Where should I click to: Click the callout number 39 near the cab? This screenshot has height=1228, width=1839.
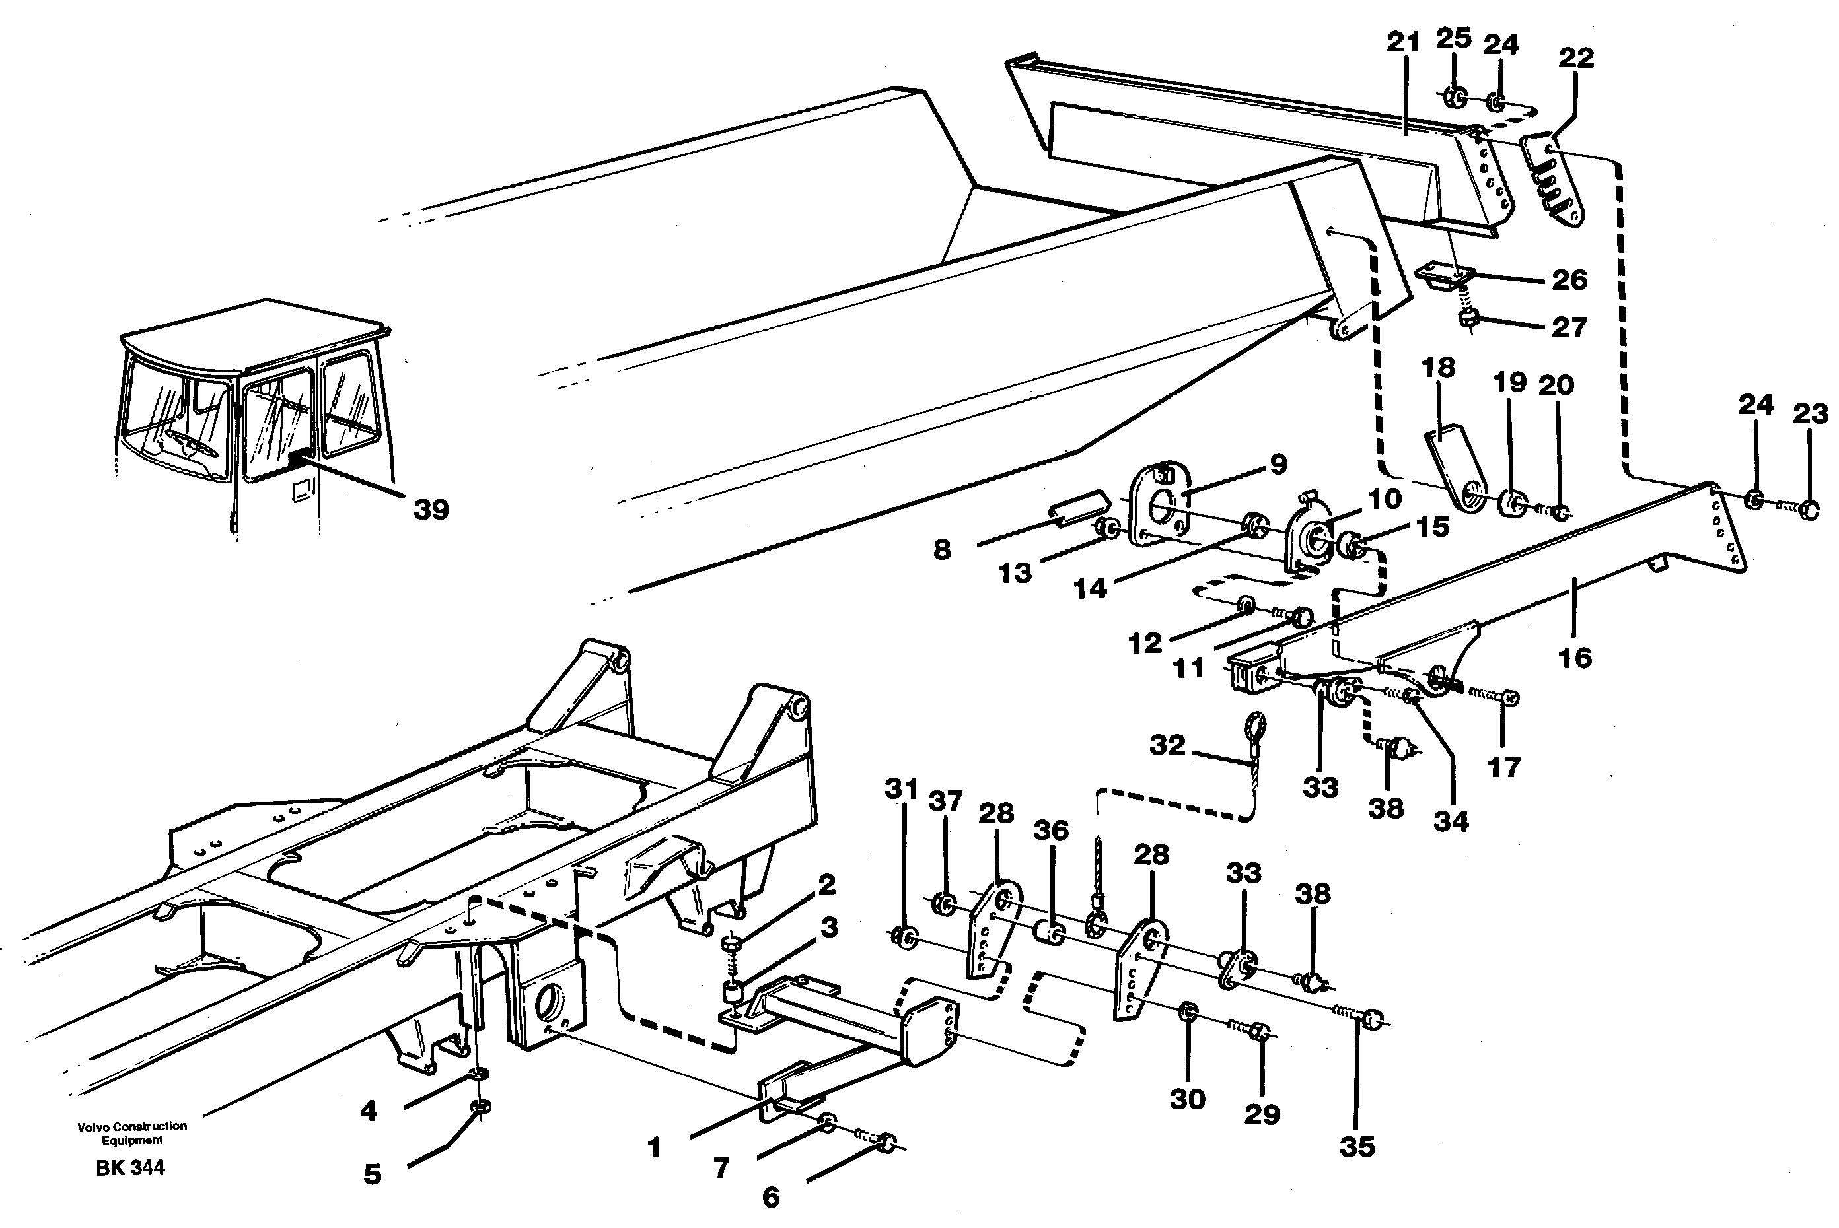(431, 510)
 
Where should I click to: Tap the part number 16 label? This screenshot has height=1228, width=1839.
(1575, 658)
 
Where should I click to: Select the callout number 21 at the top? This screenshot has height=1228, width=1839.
(1402, 42)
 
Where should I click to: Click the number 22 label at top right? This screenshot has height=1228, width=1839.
(1575, 57)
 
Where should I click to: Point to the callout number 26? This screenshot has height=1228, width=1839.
(1569, 279)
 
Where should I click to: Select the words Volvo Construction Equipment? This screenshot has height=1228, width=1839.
(131, 1132)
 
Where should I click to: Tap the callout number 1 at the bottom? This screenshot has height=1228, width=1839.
(654, 1148)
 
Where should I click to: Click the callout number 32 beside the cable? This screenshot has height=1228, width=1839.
(1167, 745)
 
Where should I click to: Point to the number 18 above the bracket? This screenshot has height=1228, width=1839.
(1438, 366)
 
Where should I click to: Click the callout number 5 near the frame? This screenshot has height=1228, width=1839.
(372, 1174)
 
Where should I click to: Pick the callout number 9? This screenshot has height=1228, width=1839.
(1278, 463)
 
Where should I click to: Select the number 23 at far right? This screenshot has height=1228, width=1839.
(1810, 413)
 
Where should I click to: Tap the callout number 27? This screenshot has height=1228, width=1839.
(1569, 327)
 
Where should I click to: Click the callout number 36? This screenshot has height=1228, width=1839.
(1051, 830)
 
